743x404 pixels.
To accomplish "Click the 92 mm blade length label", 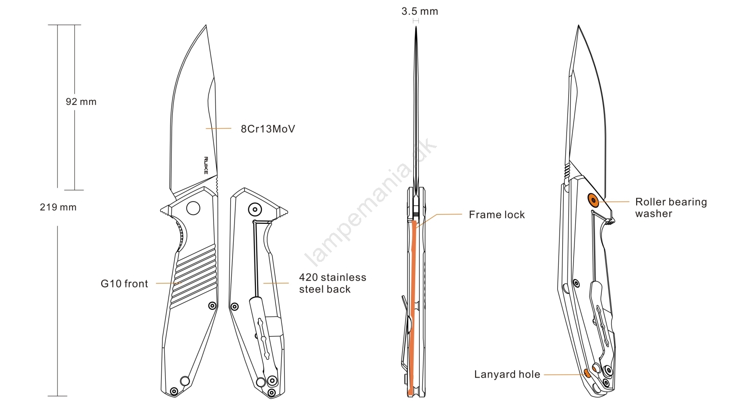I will click(x=81, y=102).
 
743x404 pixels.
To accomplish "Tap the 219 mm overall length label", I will click(x=58, y=207).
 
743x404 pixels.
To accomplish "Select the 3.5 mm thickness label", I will click(x=419, y=11).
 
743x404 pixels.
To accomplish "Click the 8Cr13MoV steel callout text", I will click(x=267, y=129).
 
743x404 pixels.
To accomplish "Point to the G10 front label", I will click(x=124, y=284).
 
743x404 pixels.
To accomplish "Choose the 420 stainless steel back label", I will click(x=332, y=283).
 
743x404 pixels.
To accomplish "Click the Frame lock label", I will click(x=496, y=215).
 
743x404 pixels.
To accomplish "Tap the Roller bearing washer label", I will click(x=671, y=208).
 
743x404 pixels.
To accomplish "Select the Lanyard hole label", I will click(x=507, y=374).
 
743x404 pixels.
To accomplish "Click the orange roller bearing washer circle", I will click(x=593, y=200).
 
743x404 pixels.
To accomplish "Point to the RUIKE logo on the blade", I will click(x=206, y=165).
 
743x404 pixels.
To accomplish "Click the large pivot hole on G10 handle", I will click(x=193, y=208).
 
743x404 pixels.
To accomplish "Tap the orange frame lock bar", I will click(x=412, y=306).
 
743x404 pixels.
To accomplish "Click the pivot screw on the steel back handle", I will click(x=254, y=209).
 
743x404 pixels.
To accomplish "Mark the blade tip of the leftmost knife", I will click(x=206, y=26).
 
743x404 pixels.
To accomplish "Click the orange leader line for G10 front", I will click(x=168, y=283).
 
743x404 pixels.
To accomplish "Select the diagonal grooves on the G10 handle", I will click(x=195, y=276).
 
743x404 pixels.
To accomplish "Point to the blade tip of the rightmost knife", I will click(x=578, y=26).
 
